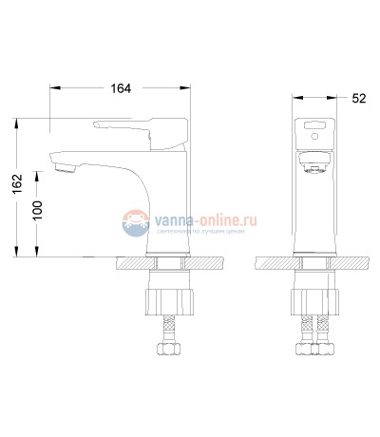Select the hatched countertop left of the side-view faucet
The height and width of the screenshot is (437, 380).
(x=133, y=263)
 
